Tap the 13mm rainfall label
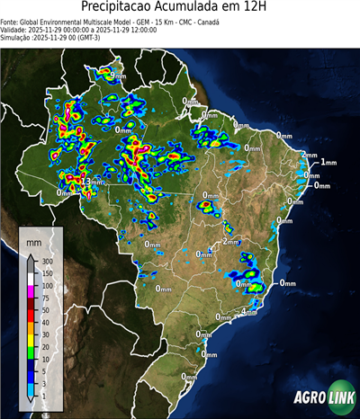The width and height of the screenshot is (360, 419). pyautogui.click(x=92, y=182)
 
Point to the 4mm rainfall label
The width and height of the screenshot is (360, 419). pyautogui.click(x=249, y=311)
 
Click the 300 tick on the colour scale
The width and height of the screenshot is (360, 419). pyautogui.click(x=47, y=262)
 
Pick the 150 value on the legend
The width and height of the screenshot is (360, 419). pyautogui.click(x=47, y=273)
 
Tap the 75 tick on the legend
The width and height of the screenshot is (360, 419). pyautogui.click(x=45, y=298)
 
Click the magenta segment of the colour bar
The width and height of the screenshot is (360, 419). pyautogui.click(x=31, y=291)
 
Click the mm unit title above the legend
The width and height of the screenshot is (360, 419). pyautogui.click(x=33, y=243)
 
